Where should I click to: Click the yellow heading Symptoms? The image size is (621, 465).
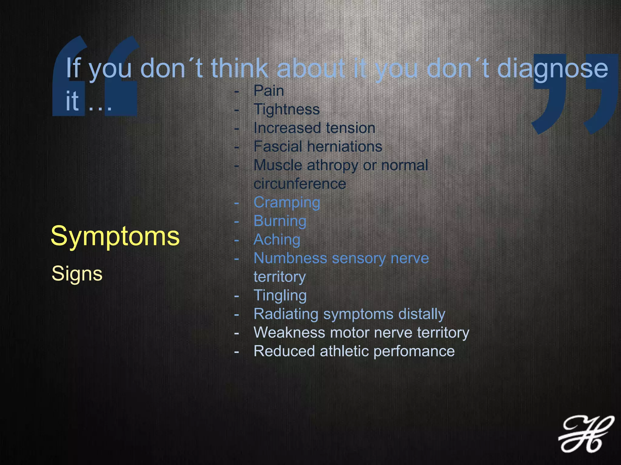coord(115,236)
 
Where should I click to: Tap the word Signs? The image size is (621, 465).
coord(77,274)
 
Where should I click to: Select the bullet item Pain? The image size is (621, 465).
coord(269,91)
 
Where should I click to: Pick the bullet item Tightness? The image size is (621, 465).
coord(287,109)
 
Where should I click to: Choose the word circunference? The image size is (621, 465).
coord(300,184)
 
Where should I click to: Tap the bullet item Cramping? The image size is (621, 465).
coord(287,203)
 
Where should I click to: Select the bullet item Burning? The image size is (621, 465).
coord(280,221)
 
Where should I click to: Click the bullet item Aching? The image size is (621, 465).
coord(277,240)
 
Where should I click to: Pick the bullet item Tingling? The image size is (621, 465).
coord(280,296)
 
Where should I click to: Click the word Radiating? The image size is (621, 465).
coord(286,314)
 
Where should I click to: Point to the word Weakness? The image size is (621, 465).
coord(289,332)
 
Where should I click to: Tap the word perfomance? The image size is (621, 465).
coord(414,351)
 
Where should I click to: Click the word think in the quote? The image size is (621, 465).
coord(240,68)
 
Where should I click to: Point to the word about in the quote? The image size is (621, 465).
coord(311,68)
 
